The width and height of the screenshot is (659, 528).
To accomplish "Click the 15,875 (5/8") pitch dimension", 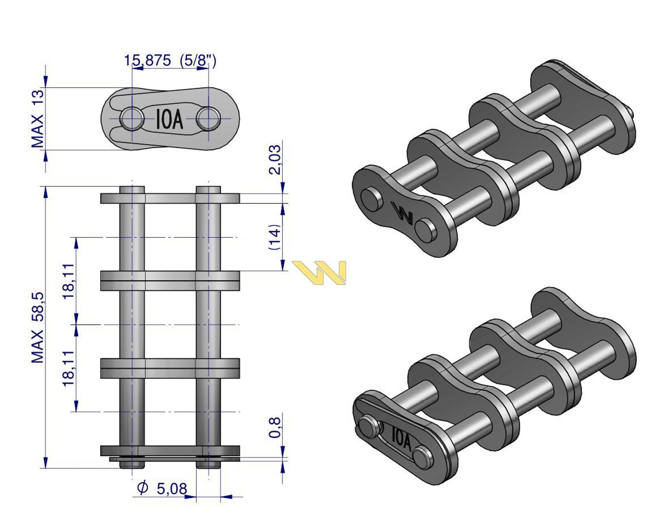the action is coord(170,61).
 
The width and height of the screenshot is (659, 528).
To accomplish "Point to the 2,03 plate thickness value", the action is coord(274,160).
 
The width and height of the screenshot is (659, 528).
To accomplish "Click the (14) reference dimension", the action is coord(274,237).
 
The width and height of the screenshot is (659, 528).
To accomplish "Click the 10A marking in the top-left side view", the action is coord(170,119).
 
